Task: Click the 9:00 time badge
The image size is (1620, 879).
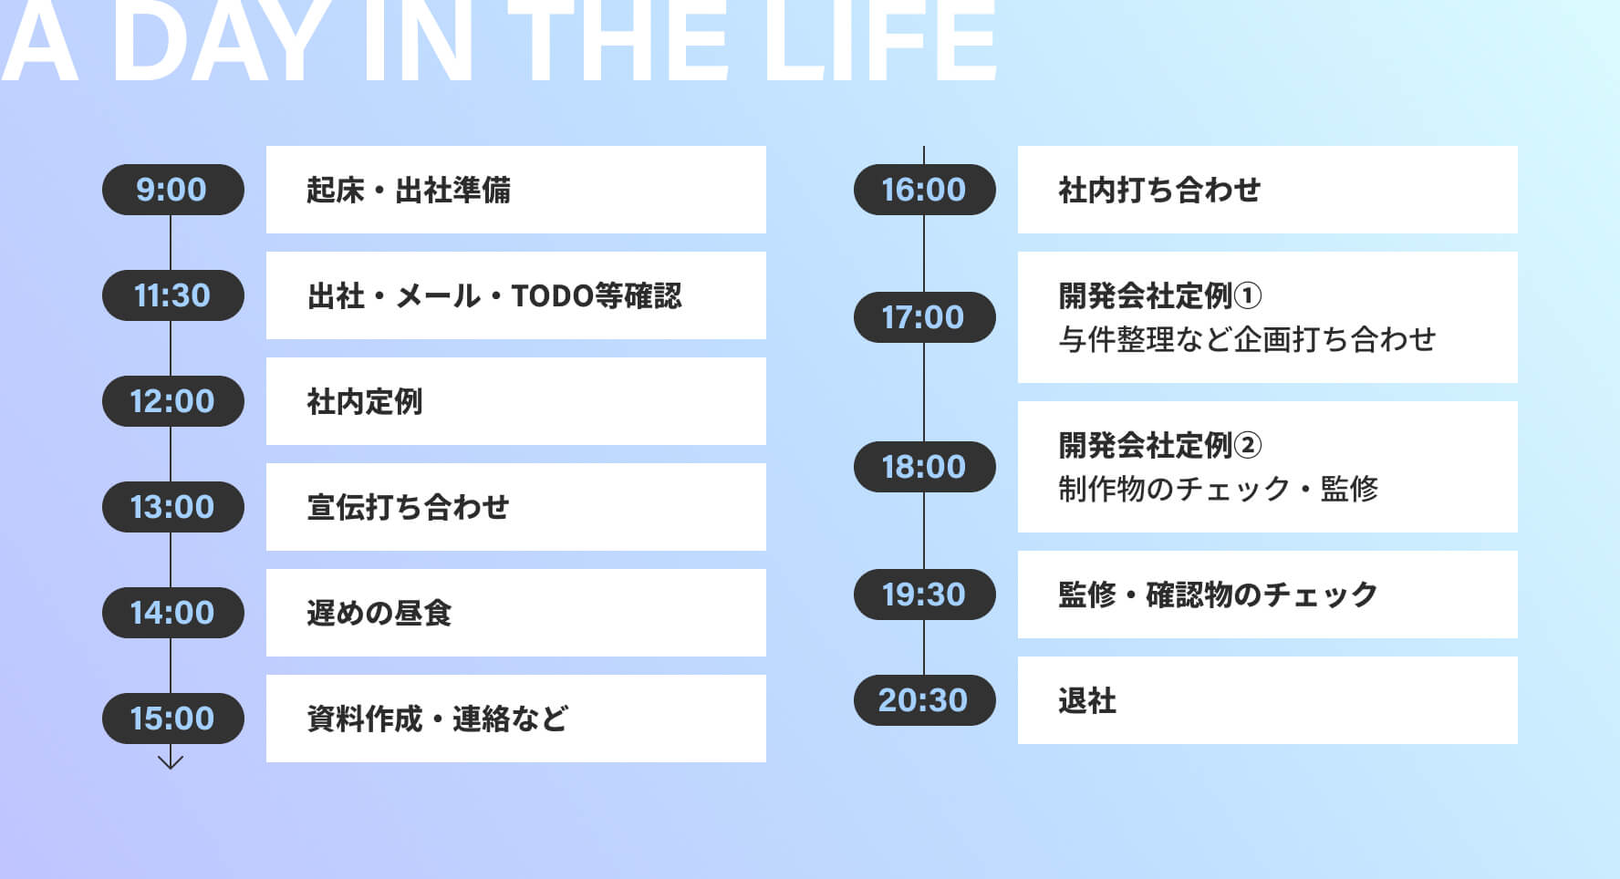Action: click(x=173, y=190)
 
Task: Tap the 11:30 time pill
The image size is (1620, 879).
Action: click(x=173, y=295)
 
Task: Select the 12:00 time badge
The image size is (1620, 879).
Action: click(x=173, y=401)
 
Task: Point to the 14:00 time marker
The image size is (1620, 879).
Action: click(x=173, y=613)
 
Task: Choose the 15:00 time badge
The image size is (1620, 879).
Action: click(x=173, y=719)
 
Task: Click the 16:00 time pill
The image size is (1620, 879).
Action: click(x=925, y=190)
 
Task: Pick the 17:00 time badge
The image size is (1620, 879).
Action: click(x=925, y=317)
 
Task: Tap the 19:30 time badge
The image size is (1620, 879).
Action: click(x=925, y=595)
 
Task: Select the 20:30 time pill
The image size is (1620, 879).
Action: click(x=925, y=700)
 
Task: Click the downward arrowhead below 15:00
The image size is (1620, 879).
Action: click(x=171, y=762)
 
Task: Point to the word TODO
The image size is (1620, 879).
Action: click(x=553, y=296)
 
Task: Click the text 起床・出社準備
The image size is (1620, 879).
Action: click(x=409, y=190)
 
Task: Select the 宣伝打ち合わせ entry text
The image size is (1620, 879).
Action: click(x=409, y=507)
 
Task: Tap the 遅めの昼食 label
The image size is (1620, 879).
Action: click(x=379, y=613)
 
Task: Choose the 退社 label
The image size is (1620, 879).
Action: click(x=1087, y=700)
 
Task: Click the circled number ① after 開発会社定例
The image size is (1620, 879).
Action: click(x=1248, y=295)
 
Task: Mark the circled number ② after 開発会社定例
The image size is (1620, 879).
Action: click(x=1248, y=445)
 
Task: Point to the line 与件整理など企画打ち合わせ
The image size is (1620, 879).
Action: click(x=1248, y=339)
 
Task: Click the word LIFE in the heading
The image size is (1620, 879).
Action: click(x=880, y=40)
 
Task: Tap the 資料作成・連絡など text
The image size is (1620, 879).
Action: click(x=438, y=719)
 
